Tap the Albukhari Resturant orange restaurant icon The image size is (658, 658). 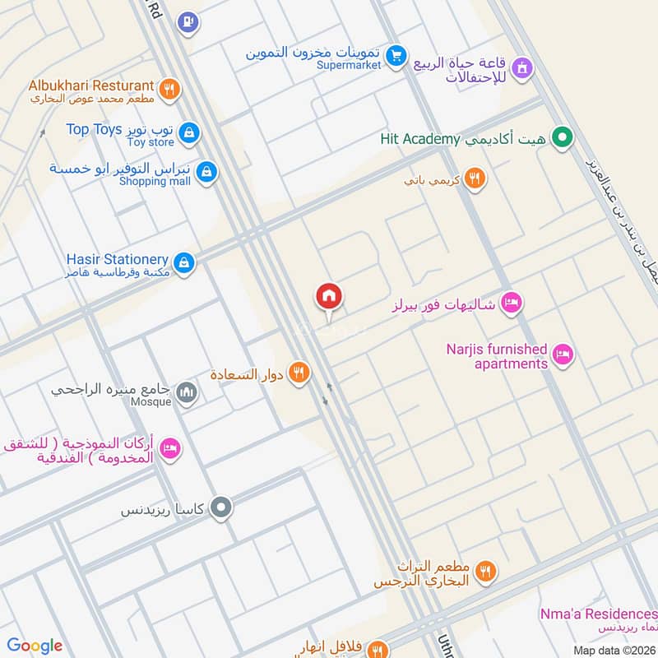coord(169,90)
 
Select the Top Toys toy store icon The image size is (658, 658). coord(189,132)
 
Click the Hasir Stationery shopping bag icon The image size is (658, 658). coord(185,262)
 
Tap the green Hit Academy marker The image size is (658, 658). coord(563,137)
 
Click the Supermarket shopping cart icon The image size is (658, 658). coord(397,56)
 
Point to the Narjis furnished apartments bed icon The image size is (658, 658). coord(563,354)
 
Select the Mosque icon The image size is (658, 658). coord(188,393)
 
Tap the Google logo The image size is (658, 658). coord(35,646)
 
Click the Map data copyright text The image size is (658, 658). coord(615,650)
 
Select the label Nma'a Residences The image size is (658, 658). coord(599,614)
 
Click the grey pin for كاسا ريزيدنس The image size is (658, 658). coord(220,508)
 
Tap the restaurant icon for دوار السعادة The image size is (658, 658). coord(300,373)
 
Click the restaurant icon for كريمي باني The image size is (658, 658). coord(474,178)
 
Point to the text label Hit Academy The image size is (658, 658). coord(419,138)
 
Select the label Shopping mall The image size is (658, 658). coord(155,181)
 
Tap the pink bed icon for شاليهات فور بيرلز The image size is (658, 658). coord(512,304)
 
